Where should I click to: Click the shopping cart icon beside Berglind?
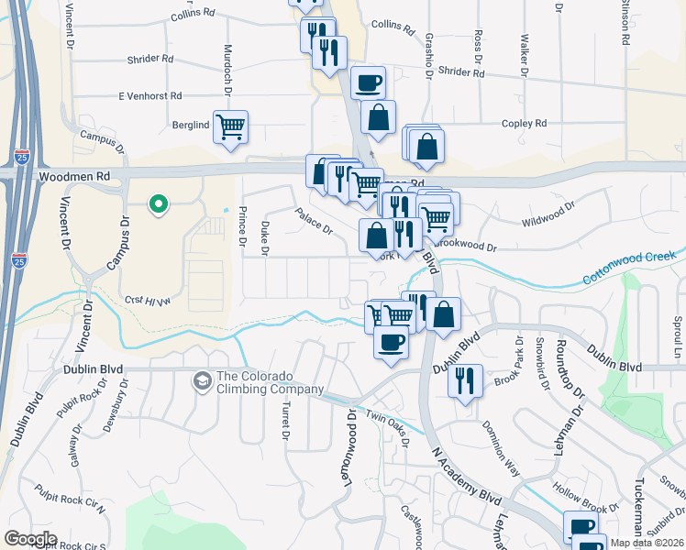[231, 126]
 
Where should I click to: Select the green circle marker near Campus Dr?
[158, 203]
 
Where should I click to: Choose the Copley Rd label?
[524, 123]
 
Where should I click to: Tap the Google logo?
[30, 539]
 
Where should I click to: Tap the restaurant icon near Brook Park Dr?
[466, 380]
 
